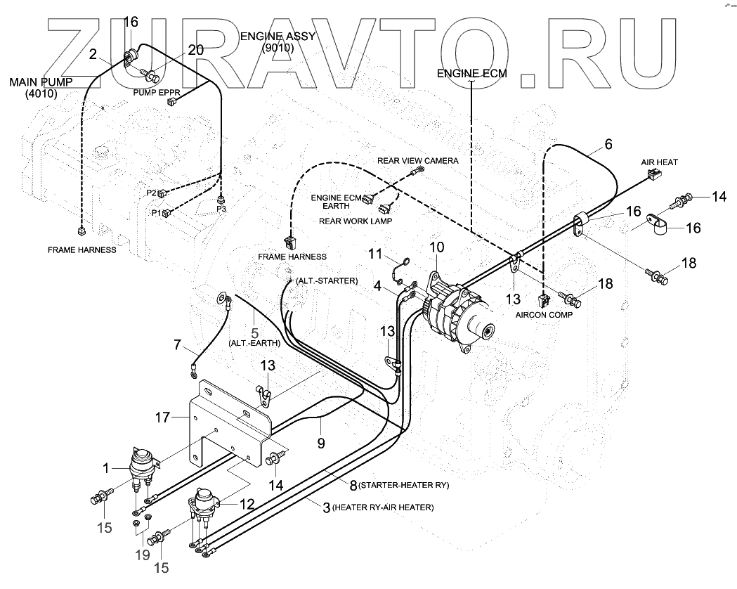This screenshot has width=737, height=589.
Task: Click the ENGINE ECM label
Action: (x=470, y=73)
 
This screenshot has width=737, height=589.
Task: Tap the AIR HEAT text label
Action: (x=658, y=162)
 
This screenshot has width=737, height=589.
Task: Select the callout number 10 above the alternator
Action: (x=437, y=247)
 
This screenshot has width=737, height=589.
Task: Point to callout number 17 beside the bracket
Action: (x=162, y=418)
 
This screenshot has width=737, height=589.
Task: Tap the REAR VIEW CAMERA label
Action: (x=417, y=160)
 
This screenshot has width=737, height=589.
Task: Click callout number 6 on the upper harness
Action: (x=608, y=144)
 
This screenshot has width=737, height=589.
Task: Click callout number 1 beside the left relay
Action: (x=106, y=467)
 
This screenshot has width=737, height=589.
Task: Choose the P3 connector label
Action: (x=221, y=208)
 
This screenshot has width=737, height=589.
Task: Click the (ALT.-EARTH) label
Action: (x=254, y=344)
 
